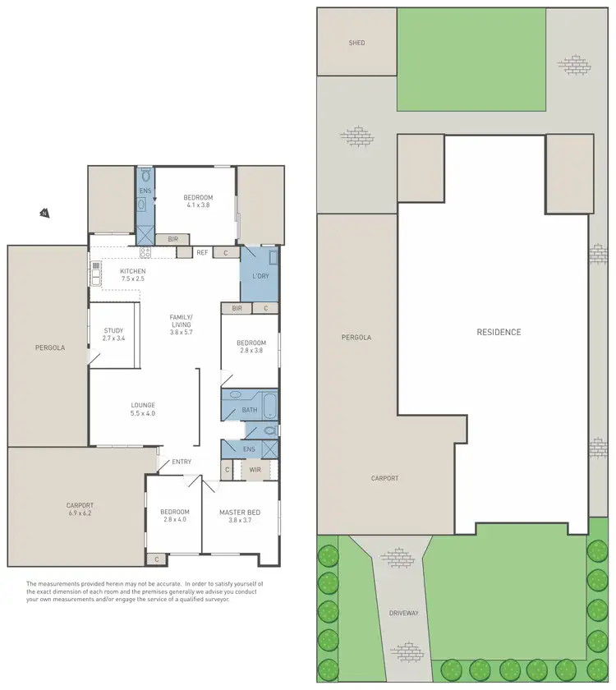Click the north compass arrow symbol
point(44,214)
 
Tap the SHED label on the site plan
point(356,43)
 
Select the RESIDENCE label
point(499,332)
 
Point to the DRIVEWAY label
point(404,613)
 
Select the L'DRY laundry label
point(260,276)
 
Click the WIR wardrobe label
point(255,470)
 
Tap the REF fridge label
point(202,253)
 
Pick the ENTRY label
point(182,462)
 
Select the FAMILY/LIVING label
point(181,320)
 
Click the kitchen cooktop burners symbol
point(145,252)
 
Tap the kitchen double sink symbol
point(95,271)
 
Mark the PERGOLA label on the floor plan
point(49,347)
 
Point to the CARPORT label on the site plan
point(384,478)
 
